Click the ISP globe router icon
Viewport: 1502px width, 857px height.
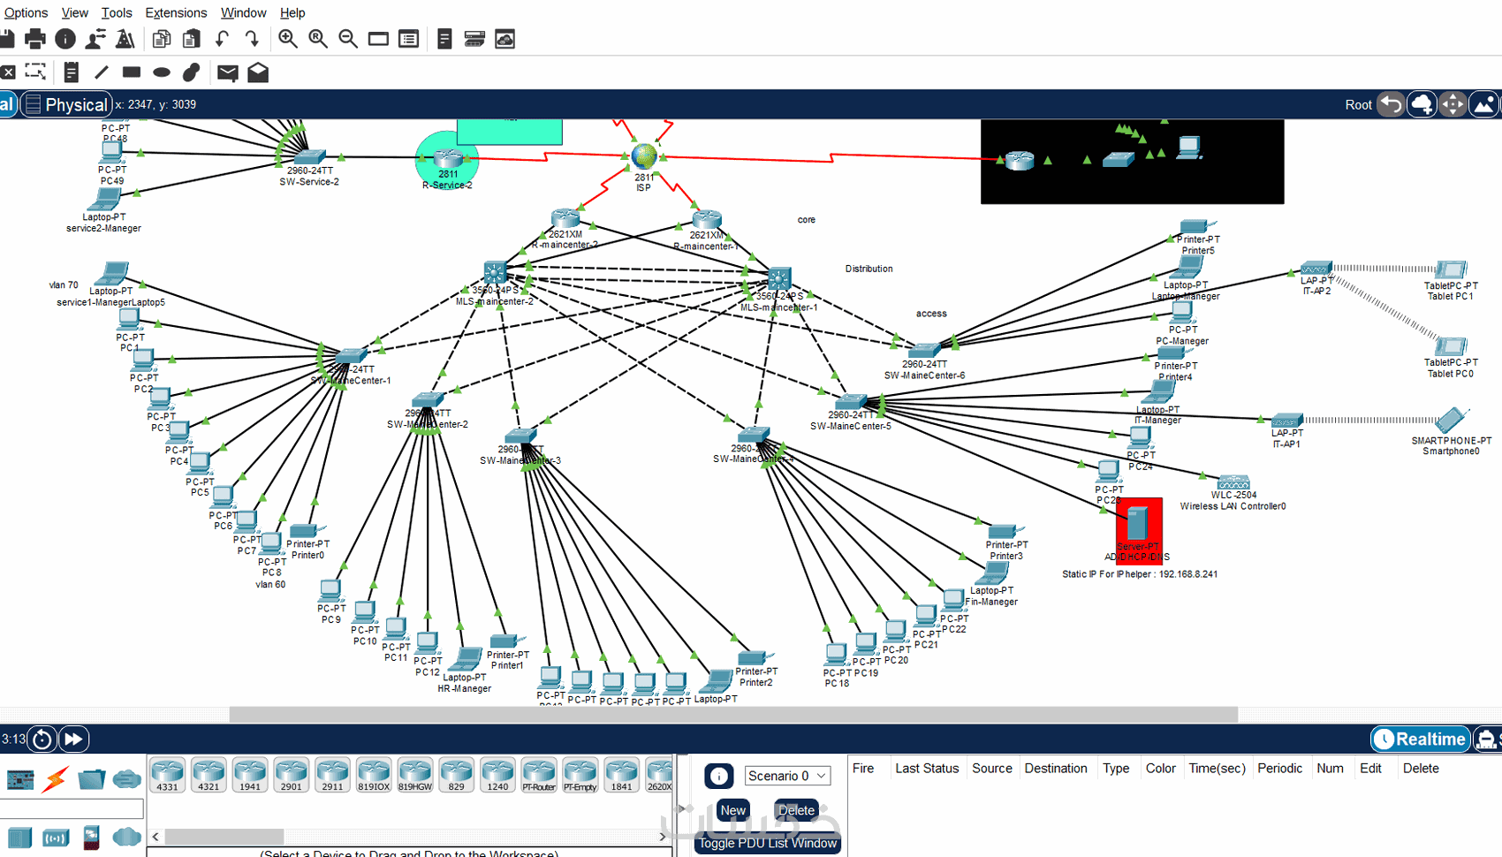pos(644,156)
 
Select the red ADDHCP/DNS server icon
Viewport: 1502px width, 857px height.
pos(1137,524)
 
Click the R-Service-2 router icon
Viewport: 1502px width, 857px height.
pos(448,158)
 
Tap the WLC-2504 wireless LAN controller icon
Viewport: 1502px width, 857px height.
pos(1233,482)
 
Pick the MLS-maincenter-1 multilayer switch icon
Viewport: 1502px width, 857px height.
pos(778,278)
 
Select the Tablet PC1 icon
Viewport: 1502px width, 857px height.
pos(1451,269)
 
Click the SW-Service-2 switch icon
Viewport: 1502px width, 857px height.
pos(309,157)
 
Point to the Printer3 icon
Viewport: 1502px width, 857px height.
pos(1002,531)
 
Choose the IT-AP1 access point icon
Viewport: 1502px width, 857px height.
pos(1286,421)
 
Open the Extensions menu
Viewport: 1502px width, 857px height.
pos(176,12)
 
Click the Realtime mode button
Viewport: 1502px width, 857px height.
pos(1421,739)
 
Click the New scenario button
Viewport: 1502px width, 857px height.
pos(732,810)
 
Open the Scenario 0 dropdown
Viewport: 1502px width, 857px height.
pos(786,776)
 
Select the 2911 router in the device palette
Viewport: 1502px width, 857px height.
pos(332,774)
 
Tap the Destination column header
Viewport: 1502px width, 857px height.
pos(1055,768)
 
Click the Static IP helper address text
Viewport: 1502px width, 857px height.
pos(1139,574)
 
